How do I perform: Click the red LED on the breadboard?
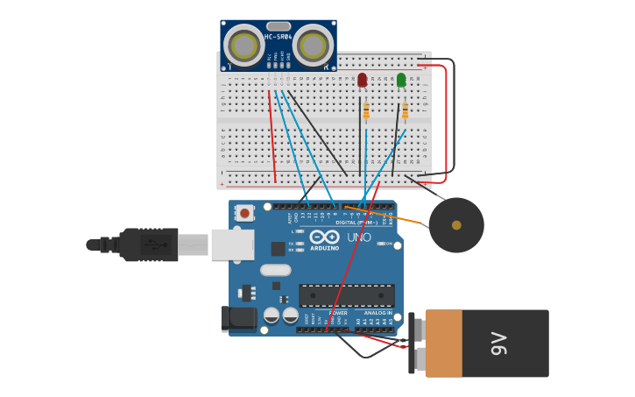click(363, 81)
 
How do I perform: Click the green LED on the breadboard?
click(401, 81)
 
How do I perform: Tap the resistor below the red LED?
click(366, 110)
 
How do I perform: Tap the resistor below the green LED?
click(406, 110)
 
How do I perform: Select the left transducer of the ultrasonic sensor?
click(243, 46)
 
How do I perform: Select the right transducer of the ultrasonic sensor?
click(313, 46)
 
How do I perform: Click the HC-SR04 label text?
click(278, 37)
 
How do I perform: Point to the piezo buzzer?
click(456, 225)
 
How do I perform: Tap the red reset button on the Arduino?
click(245, 212)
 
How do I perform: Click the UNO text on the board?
click(359, 237)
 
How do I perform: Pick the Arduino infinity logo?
click(324, 237)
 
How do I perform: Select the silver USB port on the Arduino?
click(232, 245)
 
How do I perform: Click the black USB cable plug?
click(149, 245)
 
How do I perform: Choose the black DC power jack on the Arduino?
click(238, 319)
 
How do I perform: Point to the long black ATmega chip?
click(347, 295)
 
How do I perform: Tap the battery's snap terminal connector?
click(414, 344)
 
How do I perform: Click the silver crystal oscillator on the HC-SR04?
click(278, 26)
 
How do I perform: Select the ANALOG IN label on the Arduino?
click(377, 313)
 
